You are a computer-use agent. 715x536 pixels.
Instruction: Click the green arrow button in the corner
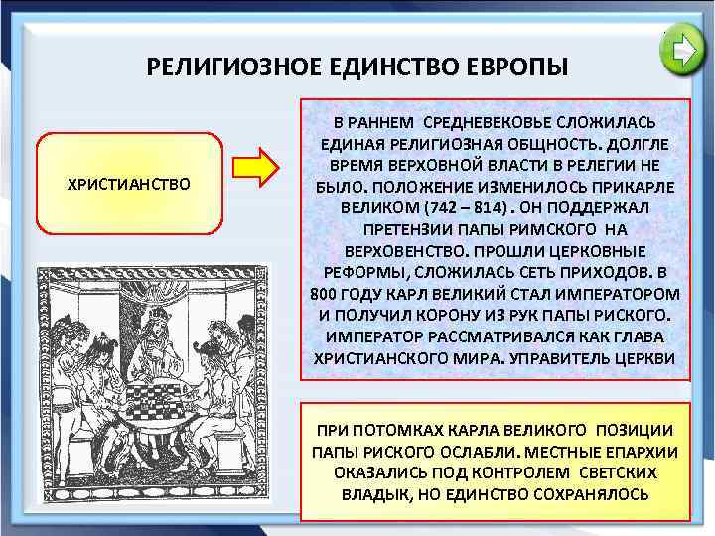[x=683, y=51]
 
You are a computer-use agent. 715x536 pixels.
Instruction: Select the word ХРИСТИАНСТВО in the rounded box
[x=128, y=185]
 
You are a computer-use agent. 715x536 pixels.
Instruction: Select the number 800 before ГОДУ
[x=324, y=294]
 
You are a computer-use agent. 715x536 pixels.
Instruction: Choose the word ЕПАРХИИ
[x=630, y=451]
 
